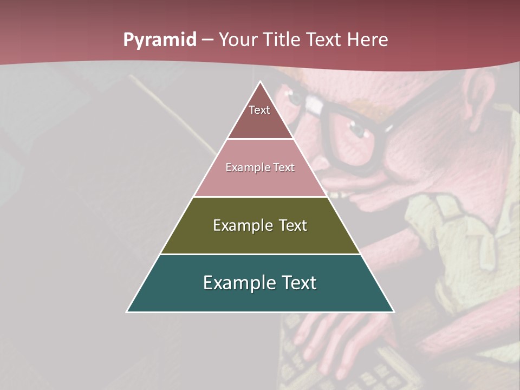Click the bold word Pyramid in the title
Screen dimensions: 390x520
click(160, 40)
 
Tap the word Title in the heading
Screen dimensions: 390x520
click(283, 40)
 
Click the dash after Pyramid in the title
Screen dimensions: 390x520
click(207, 40)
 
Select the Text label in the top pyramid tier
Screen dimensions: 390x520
click(259, 110)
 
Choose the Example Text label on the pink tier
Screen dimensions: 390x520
click(260, 167)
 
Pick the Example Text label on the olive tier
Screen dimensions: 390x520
click(260, 225)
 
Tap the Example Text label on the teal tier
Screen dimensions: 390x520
click(260, 283)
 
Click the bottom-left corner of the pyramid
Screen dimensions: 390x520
click(127, 311)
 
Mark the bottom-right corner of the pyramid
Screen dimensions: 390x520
click(393, 311)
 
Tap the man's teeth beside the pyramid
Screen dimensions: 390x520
click(339, 193)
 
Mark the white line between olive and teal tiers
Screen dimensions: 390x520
click(260, 254)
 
